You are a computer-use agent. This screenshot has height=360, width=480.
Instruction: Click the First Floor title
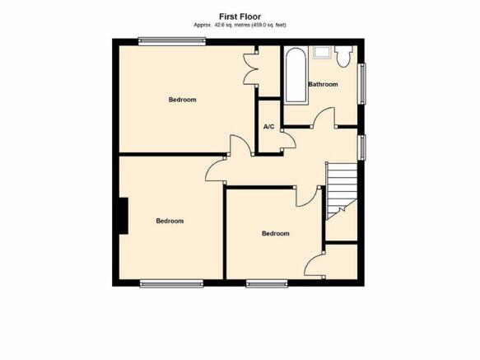[x=240, y=16]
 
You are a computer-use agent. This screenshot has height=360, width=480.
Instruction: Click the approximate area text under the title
[x=240, y=25]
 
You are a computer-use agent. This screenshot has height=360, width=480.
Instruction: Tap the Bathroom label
[x=323, y=84]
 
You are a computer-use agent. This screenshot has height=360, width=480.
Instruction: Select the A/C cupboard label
[x=269, y=127]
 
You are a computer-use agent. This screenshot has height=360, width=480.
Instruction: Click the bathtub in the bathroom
[x=296, y=76]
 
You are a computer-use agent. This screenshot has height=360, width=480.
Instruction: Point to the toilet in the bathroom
[x=343, y=56]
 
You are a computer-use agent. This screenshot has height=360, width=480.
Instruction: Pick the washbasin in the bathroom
[x=322, y=52]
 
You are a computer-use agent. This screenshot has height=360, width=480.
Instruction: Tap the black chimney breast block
[x=123, y=216]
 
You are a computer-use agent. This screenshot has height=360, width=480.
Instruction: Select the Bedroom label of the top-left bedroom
[x=182, y=100]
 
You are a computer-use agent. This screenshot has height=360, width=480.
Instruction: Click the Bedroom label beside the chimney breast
[x=170, y=221]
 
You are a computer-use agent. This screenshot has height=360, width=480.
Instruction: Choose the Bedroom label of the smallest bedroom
[x=276, y=233]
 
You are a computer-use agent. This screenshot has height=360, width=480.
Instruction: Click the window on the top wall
[x=172, y=41]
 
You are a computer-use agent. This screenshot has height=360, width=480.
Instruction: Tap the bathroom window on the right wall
[x=361, y=84]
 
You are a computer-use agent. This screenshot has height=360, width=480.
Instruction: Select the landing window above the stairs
[x=361, y=147]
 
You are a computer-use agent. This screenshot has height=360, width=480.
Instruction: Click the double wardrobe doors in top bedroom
[x=249, y=68]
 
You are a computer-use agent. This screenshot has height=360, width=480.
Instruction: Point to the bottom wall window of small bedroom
[x=267, y=283]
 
